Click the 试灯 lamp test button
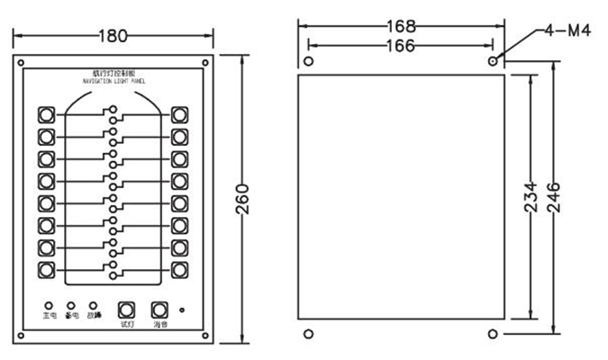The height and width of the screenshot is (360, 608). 126,307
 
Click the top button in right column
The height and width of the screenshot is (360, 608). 179,115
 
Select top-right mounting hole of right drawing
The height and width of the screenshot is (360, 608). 493,62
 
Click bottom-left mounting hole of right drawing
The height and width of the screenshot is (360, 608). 309,334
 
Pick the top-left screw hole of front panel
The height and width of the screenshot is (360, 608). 20,63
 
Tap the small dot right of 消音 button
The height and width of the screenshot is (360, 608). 183,310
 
